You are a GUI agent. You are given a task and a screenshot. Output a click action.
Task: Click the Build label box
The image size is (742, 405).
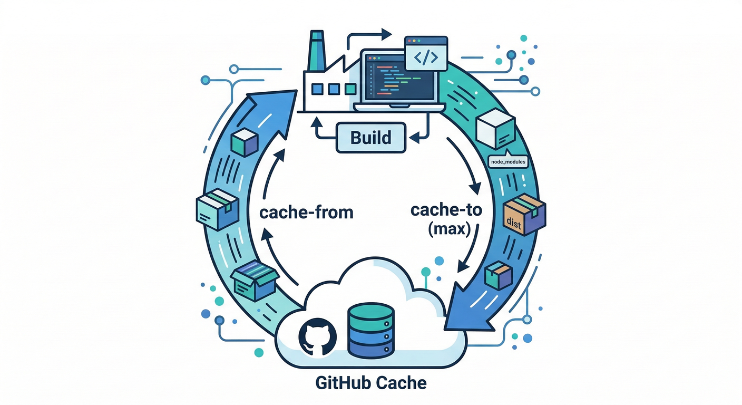click(371, 138)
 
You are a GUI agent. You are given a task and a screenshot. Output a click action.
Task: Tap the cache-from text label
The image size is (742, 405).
click(306, 213)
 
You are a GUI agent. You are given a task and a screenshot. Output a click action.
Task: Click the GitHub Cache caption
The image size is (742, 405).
click(371, 382)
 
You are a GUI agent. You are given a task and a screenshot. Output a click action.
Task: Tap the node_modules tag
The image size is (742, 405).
click(507, 162)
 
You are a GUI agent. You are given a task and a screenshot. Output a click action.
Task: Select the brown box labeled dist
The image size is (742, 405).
click(524, 216)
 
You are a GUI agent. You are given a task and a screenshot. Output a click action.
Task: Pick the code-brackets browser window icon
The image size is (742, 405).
click(425, 53)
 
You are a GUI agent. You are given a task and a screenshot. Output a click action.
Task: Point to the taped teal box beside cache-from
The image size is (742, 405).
click(217, 209)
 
